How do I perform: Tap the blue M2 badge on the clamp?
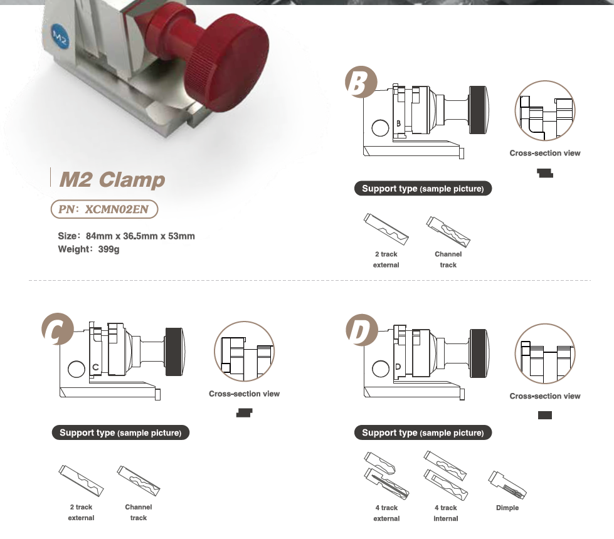click(x=60, y=36)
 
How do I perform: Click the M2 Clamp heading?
click(x=112, y=180)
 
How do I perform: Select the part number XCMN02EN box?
click(x=103, y=209)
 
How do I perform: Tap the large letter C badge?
click(x=56, y=330)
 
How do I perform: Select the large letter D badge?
click(x=361, y=330)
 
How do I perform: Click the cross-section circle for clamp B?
click(x=544, y=111)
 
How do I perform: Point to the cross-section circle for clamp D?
click(x=544, y=354)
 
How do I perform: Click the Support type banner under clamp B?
click(x=423, y=189)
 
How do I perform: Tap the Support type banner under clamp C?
click(x=120, y=432)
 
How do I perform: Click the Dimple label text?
click(x=507, y=508)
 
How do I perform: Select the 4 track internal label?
click(x=446, y=513)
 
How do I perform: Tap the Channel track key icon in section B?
click(x=448, y=232)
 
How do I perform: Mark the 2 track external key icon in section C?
click(x=81, y=479)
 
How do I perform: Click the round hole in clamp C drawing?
click(x=77, y=369)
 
